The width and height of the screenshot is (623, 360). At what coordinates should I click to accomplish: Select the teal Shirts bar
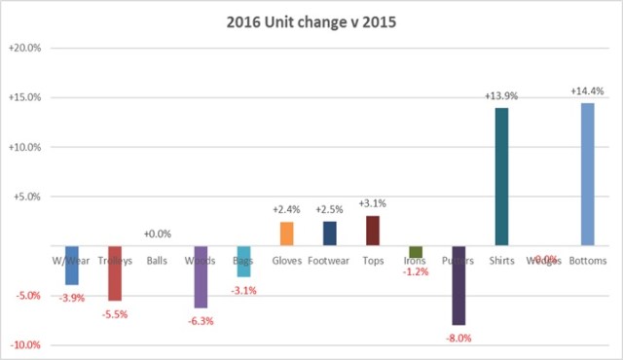pyautogui.click(x=501, y=176)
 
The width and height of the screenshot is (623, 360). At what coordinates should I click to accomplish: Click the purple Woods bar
pyautogui.click(x=201, y=277)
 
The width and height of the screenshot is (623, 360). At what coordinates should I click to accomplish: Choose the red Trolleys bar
pyautogui.click(x=115, y=273)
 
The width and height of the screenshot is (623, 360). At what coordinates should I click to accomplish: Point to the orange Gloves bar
pyautogui.click(x=286, y=234)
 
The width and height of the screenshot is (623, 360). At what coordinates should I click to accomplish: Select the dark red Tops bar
pyautogui.click(x=372, y=231)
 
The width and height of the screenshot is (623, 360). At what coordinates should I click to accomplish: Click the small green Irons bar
pyautogui.click(x=416, y=252)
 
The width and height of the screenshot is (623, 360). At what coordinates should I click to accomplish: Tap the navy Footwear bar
pyautogui.click(x=329, y=234)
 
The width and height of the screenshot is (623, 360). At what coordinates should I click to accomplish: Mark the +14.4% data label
pyautogui.click(x=587, y=91)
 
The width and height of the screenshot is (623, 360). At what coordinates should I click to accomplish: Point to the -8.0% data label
pyautogui.click(x=458, y=338)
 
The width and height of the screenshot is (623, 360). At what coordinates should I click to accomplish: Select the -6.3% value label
pyautogui.click(x=201, y=320)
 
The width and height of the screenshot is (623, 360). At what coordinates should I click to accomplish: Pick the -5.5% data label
pyautogui.click(x=115, y=314)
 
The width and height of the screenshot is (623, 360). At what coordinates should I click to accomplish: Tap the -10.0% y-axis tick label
pyautogui.click(x=25, y=345)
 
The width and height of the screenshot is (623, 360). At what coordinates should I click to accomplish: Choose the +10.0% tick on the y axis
pyautogui.click(x=24, y=147)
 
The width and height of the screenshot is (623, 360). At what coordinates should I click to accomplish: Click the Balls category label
pyautogui.click(x=157, y=261)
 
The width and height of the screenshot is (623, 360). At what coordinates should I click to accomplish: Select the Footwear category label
pyautogui.click(x=329, y=261)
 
